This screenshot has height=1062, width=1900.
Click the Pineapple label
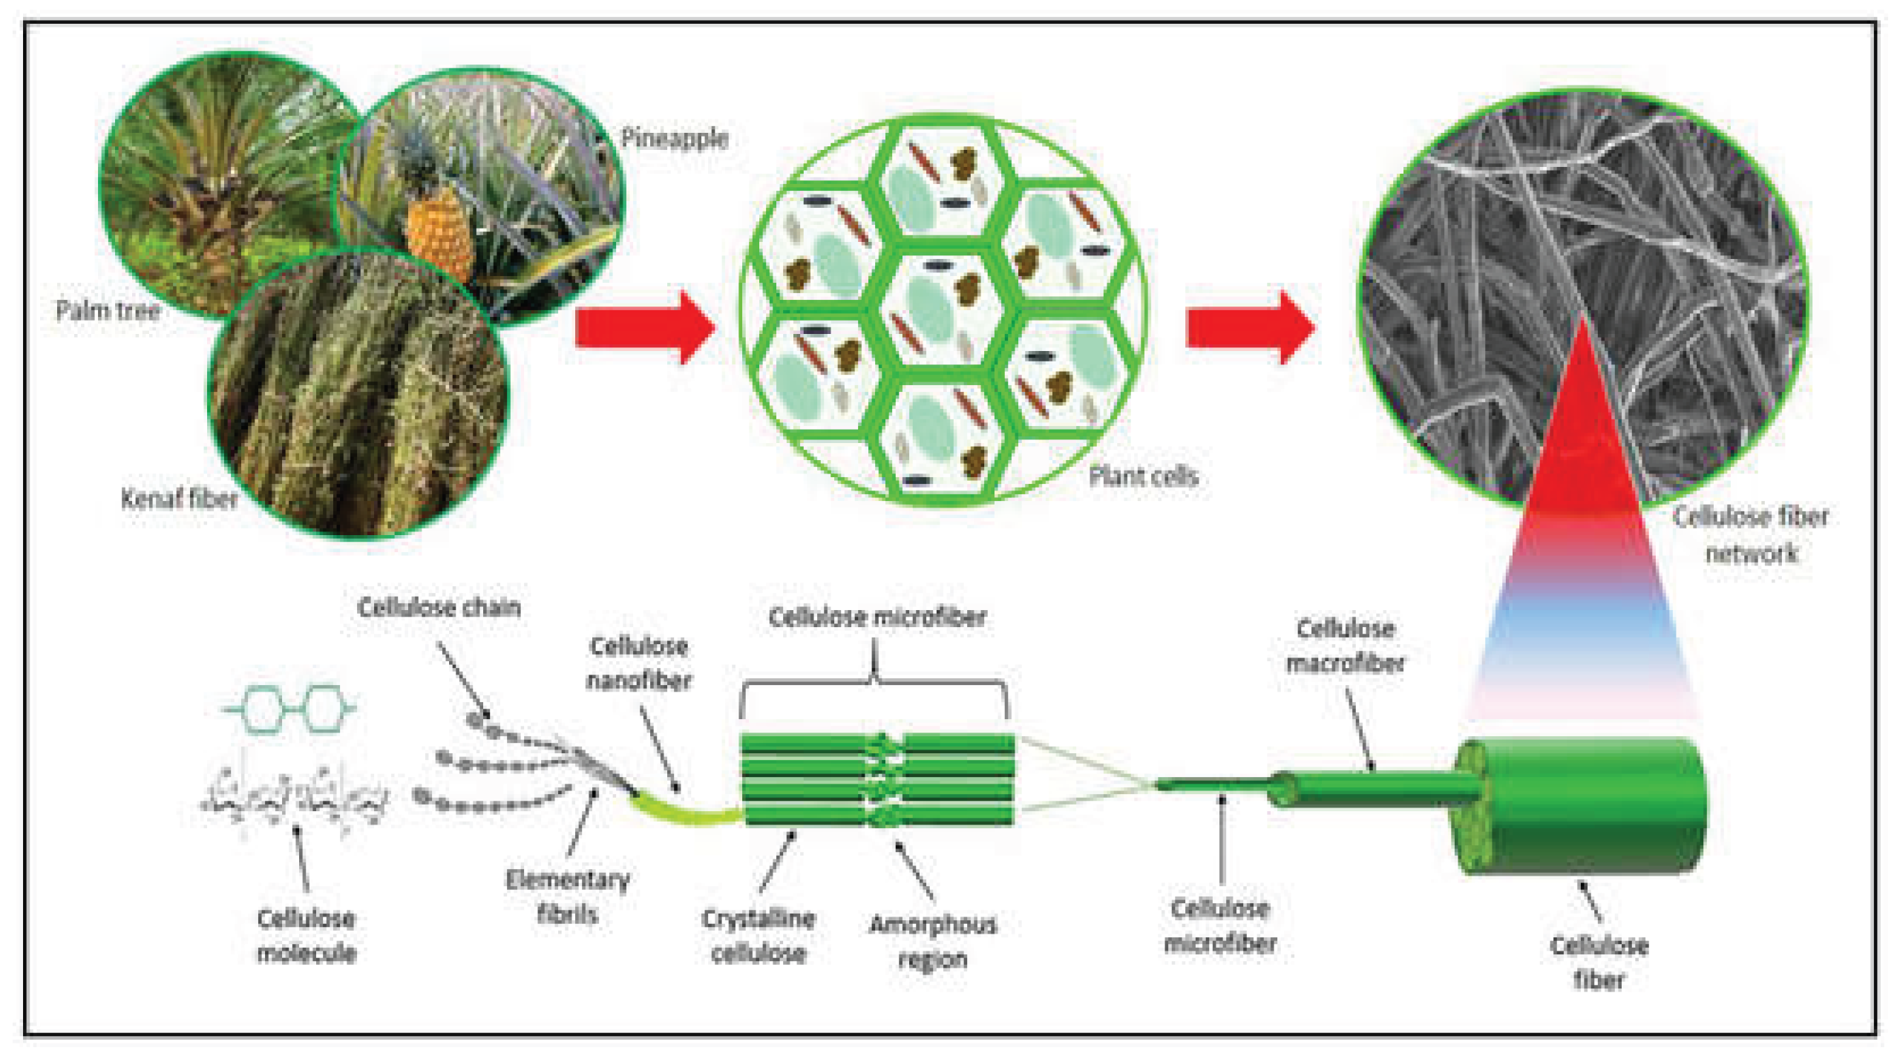coord(674,139)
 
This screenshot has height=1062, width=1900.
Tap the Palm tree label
coord(108,310)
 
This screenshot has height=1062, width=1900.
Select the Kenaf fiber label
coord(180,499)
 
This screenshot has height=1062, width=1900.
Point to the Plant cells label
coord(1144,476)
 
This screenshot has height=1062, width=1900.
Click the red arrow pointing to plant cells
coord(645,327)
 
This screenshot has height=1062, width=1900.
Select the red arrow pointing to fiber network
coord(1251,327)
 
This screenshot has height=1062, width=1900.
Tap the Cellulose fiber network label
coord(1750,534)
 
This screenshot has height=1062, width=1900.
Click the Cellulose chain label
coord(439,608)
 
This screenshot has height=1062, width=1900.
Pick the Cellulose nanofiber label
coord(638,663)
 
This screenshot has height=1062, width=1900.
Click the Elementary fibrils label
coord(568,897)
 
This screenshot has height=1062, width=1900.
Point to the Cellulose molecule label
coord(306,936)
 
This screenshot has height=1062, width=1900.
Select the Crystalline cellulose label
coord(759,936)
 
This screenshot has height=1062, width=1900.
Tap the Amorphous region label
coord(933,941)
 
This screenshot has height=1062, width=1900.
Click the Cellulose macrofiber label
coord(1345,645)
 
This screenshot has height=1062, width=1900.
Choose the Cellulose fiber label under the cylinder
coord(1599,963)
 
